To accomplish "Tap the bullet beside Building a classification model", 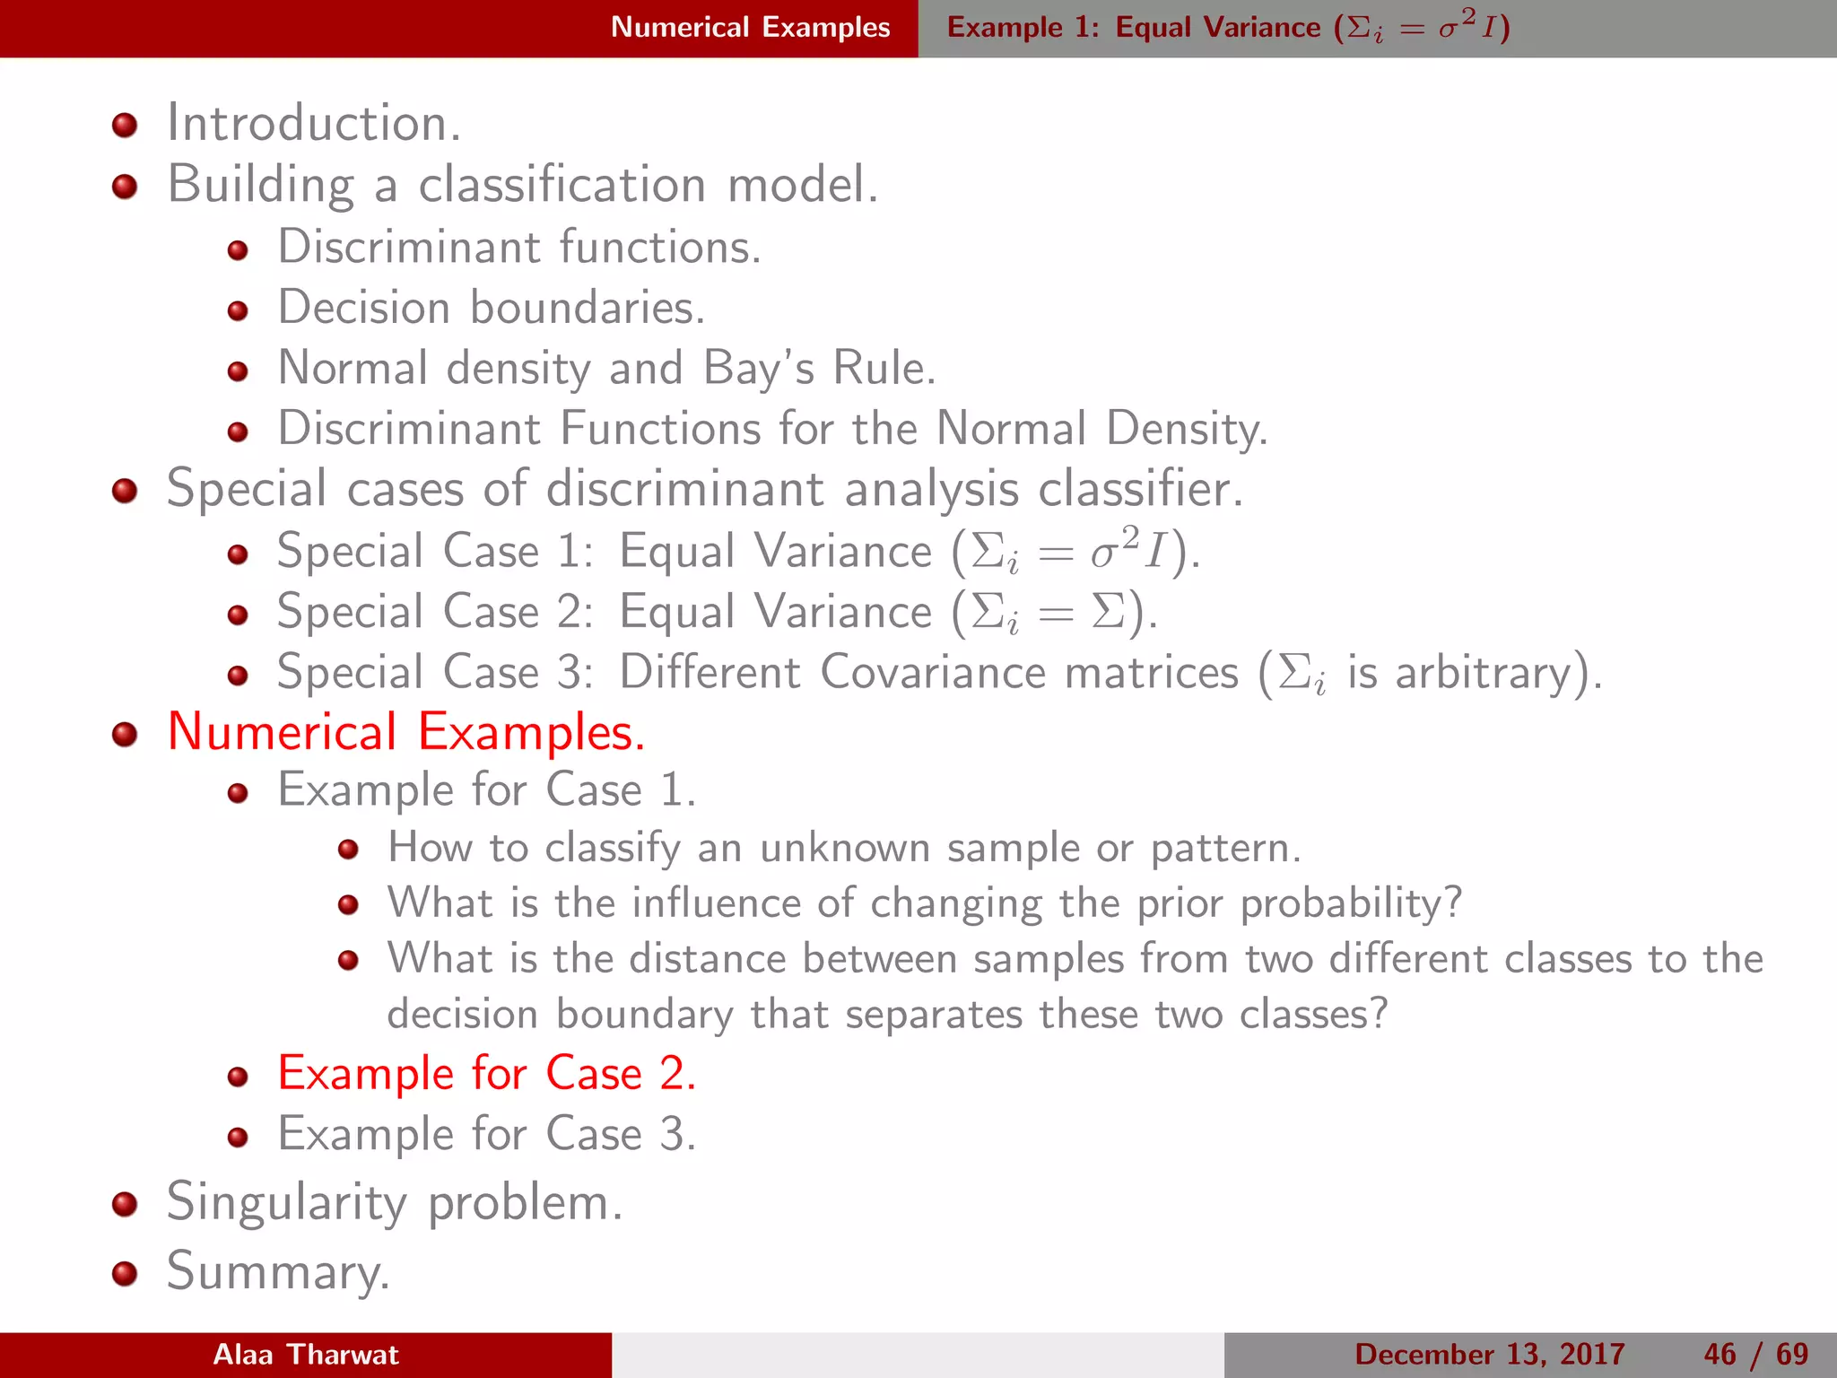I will pyautogui.click(x=125, y=187).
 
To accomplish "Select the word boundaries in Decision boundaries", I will pyautogui.click(x=587, y=308).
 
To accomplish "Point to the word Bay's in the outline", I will pyautogui.click(x=759, y=368).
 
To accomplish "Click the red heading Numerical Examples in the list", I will pyautogui.click(x=405, y=732).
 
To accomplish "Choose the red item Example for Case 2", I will pyautogui.click(x=486, y=1073).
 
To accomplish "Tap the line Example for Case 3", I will pyautogui.click(x=486, y=1134).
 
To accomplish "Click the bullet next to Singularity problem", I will pyautogui.click(x=125, y=1205).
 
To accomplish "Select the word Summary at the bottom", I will pyautogui.click(x=278, y=1272).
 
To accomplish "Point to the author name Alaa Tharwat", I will pyautogui.click(x=306, y=1355).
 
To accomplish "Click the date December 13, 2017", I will pyautogui.click(x=1489, y=1355).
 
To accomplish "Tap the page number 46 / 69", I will pyautogui.click(x=1755, y=1355).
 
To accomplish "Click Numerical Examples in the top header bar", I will pyautogui.click(x=750, y=28).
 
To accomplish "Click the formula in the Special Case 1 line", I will pyautogui.click(x=1075, y=551).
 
